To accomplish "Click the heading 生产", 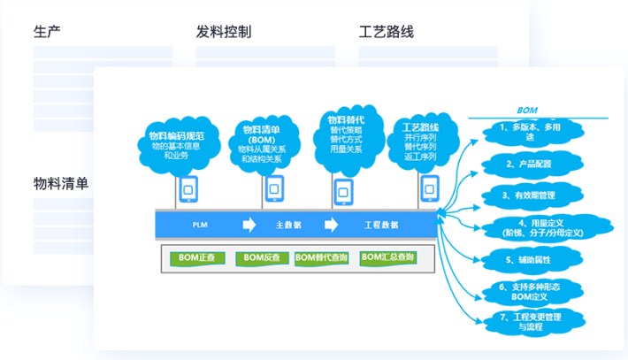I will pos(52,33).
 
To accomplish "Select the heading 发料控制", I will pos(224,33).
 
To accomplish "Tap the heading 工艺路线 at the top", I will pos(387,33).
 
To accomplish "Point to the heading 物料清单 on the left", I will pos(61,184).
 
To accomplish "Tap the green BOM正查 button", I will pos(197,258).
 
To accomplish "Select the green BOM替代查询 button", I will pos(321,258).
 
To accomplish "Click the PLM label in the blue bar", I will pos(200,226).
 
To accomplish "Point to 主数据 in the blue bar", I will pos(288,226).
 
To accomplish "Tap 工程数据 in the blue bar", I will pos(381,226).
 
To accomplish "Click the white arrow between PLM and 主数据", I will pos(249,225).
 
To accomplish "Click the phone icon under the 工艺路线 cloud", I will pos(429,188).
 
